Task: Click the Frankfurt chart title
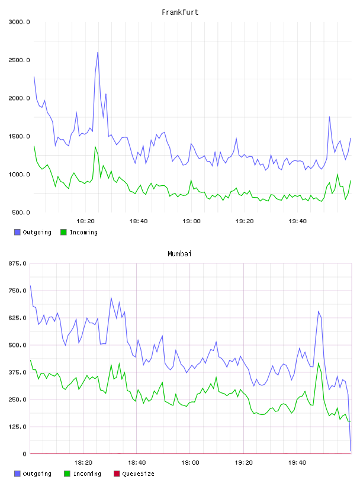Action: click(x=180, y=12)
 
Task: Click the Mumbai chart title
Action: click(x=179, y=253)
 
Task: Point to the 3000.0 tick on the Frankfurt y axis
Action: click(x=19, y=22)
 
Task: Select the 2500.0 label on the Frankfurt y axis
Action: click(x=19, y=60)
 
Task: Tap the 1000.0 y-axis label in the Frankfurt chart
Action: click(x=19, y=175)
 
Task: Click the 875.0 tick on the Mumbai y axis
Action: click(x=18, y=263)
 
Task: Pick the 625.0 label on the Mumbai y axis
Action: click(x=18, y=318)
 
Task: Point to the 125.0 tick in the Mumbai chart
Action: click(x=18, y=427)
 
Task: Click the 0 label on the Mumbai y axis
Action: click(x=25, y=454)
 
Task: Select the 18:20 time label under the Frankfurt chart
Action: click(x=85, y=221)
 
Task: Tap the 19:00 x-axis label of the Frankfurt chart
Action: click(x=191, y=221)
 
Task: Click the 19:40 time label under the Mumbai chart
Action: click(x=297, y=462)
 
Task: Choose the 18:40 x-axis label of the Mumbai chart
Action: click(x=137, y=462)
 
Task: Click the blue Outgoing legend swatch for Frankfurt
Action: click(x=17, y=232)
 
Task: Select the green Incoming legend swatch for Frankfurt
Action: click(x=63, y=232)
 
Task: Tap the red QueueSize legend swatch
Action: click(x=117, y=474)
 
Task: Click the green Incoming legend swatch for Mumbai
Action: click(x=67, y=474)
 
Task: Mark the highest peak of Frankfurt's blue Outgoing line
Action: click(x=98, y=52)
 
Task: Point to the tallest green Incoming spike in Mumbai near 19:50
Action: click(x=319, y=363)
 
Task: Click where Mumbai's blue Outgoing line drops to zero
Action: click(x=351, y=451)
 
